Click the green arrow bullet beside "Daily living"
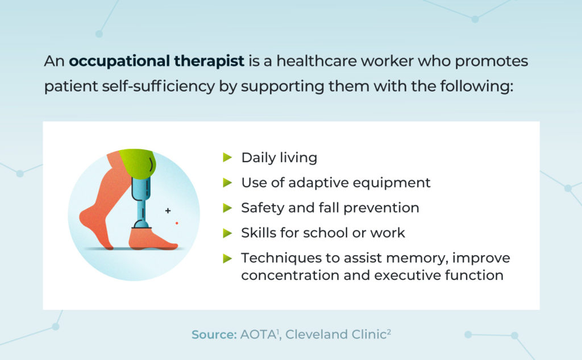(227, 158)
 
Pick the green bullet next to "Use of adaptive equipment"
(227, 183)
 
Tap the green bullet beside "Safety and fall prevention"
(227, 208)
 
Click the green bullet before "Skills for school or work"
(227, 233)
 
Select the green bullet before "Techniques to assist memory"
(227, 258)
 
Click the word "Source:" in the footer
(214, 335)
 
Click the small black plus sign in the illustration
(168, 211)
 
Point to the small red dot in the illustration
(177, 223)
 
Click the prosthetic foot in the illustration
(150, 238)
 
